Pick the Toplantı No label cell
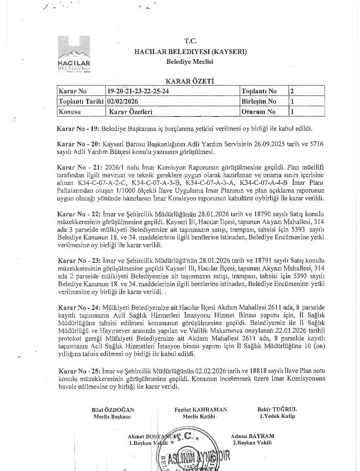(x=259, y=91)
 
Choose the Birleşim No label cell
(x=259, y=101)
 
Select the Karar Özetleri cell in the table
(x=131, y=112)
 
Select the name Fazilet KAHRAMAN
(x=201, y=409)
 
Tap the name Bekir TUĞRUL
(x=277, y=409)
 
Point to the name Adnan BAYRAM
(x=253, y=436)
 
